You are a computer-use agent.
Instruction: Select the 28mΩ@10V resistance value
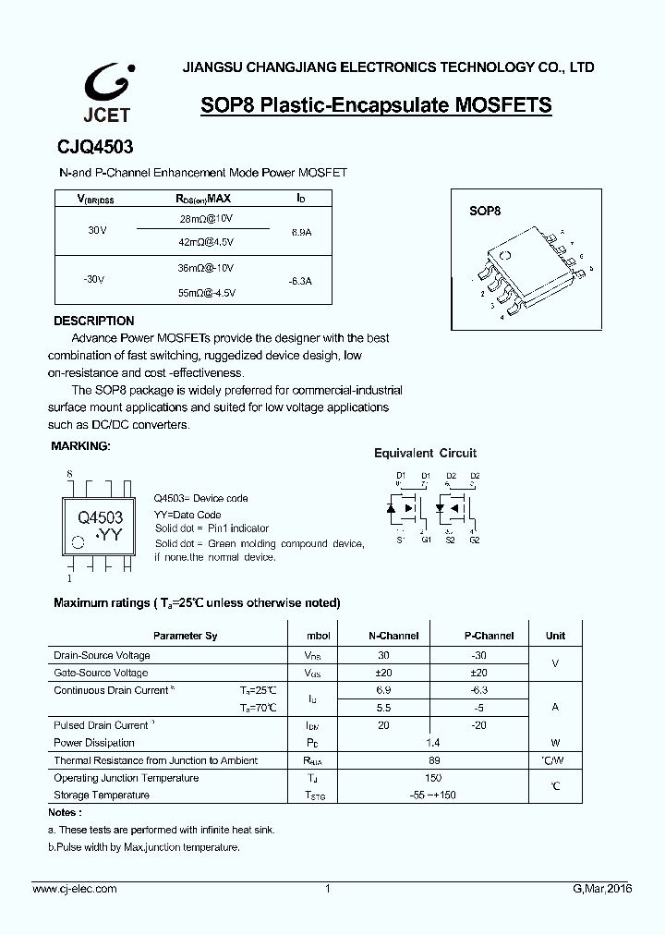click(207, 218)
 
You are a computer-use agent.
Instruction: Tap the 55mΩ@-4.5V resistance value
click(207, 292)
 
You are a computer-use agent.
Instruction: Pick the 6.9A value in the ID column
click(300, 233)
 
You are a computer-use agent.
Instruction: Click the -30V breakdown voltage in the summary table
click(94, 278)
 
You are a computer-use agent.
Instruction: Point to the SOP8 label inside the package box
click(484, 212)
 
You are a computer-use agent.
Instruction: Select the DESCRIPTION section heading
click(94, 321)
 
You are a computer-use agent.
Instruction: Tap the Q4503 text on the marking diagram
click(100, 518)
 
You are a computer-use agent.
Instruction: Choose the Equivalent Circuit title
click(425, 453)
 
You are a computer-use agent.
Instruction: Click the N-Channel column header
click(393, 636)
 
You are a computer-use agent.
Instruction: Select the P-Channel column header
click(489, 636)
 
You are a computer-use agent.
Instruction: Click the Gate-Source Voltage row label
click(101, 673)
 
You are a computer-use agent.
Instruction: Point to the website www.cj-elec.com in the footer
click(75, 889)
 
